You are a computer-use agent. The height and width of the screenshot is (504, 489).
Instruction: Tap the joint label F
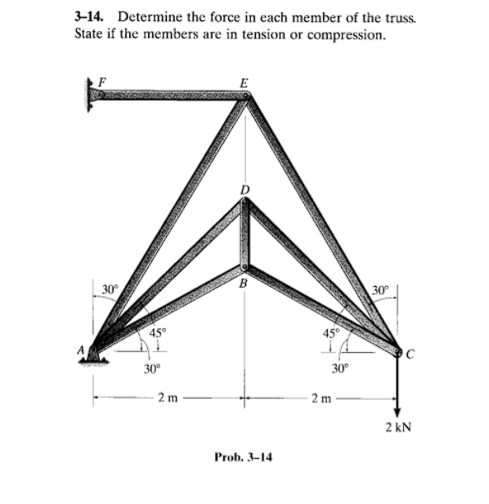(102, 80)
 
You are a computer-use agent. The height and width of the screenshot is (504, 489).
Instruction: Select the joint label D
(243, 190)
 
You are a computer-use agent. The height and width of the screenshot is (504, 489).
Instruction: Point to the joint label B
(243, 283)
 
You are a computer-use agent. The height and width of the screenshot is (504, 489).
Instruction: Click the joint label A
(81, 350)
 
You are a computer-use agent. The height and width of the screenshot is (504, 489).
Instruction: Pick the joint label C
(411, 353)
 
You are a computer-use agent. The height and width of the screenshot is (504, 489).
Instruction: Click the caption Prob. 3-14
(244, 456)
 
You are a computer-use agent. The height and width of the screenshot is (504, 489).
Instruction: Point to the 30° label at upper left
(110, 288)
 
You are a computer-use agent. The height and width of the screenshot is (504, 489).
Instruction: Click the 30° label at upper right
(380, 290)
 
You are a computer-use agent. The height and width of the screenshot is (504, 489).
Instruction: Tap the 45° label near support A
(156, 332)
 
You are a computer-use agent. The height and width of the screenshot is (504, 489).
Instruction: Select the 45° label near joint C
(330, 332)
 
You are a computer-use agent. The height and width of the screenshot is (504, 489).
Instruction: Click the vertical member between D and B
(243, 237)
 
